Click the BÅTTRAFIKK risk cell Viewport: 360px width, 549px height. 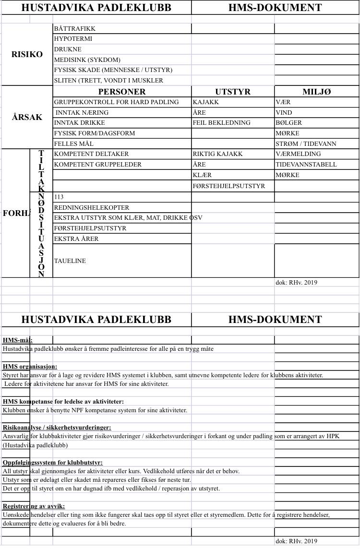pyautogui.click(x=75, y=29)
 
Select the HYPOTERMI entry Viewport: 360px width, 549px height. pyautogui.click(x=73, y=39)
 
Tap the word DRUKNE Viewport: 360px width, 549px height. pyautogui.click(x=68, y=49)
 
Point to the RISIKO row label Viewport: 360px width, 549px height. pyautogui.click(x=27, y=54)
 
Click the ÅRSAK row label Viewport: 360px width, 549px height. pyautogui.click(x=27, y=117)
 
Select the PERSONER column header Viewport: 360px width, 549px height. pyautogui.click(x=122, y=92)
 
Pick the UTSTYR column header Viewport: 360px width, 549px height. pyautogui.click(x=233, y=92)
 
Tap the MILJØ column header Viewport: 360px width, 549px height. pyautogui.click(x=317, y=92)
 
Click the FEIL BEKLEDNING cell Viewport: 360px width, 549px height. pyautogui.click(x=222, y=123)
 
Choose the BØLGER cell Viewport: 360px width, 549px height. pyautogui.click(x=289, y=123)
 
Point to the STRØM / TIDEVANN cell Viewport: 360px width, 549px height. pyautogui.click(x=306, y=144)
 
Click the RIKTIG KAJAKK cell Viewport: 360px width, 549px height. pyautogui.click(x=217, y=154)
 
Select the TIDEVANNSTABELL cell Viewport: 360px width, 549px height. pyautogui.click(x=306, y=165)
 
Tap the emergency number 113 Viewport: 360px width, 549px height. pyautogui.click(x=59, y=197)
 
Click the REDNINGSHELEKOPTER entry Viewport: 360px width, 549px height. pyautogui.click(x=92, y=208)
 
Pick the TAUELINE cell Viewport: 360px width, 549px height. pyautogui.click(x=70, y=261)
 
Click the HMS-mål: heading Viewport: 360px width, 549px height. pyautogui.click(x=18, y=340)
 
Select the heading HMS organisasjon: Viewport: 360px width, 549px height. pyautogui.click(x=30, y=367)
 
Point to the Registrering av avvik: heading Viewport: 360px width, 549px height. pyautogui.click(x=34, y=506)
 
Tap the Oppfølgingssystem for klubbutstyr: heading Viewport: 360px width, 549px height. pyautogui.click(x=53, y=463)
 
